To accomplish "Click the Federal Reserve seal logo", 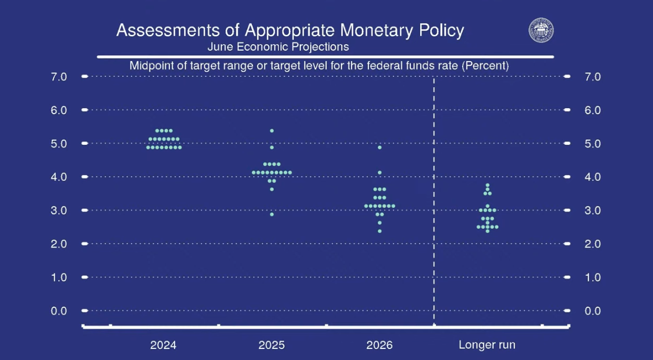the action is pyautogui.click(x=541, y=30).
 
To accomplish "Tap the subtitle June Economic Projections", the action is pyautogui.click(x=278, y=47).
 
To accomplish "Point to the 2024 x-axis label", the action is pyautogui.click(x=163, y=345).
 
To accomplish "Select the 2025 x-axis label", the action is pyautogui.click(x=272, y=345).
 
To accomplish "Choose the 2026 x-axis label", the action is pyautogui.click(x=379, y=345).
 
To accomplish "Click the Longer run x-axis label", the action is pyautogui.click(x=487, y=345).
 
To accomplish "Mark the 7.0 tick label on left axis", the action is pyautogui.click(x=59, y=77).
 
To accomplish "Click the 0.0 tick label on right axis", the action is pyautogui.click(x=592, y=311).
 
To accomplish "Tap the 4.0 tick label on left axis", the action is pyautogui.click(x=59, y=177).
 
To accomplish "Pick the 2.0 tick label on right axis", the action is pyautogui.click(x=592, y=244).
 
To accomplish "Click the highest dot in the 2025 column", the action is pyautogui.click(x=272, y=131).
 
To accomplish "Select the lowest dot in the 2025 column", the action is pyautogui.click(x=272, y=215).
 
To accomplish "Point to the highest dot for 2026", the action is pyautogui.click(x=379, y=147).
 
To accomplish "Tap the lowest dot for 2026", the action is pyautogui.click(x=379, y=231).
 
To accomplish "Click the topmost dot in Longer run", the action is pyautogui.click(x=487, y=185).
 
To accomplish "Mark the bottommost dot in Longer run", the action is pyautogui.click(x=487, y=231).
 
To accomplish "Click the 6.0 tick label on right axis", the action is pyautogui.click(x=592, y=110).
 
